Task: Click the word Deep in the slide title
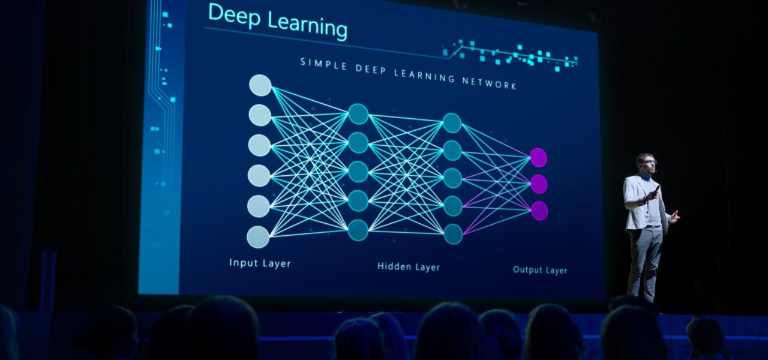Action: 234,16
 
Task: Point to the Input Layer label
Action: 260,263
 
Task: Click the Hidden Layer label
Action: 409,267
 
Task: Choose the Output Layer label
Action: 540,270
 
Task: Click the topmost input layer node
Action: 260,85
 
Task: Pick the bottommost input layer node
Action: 258,237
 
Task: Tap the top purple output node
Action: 539,158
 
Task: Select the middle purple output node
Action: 539,184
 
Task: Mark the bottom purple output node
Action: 539,211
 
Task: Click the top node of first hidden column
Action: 358,114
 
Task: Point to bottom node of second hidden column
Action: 453,234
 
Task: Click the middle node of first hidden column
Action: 358,172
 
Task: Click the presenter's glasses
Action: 650,162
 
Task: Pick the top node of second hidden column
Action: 452,123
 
